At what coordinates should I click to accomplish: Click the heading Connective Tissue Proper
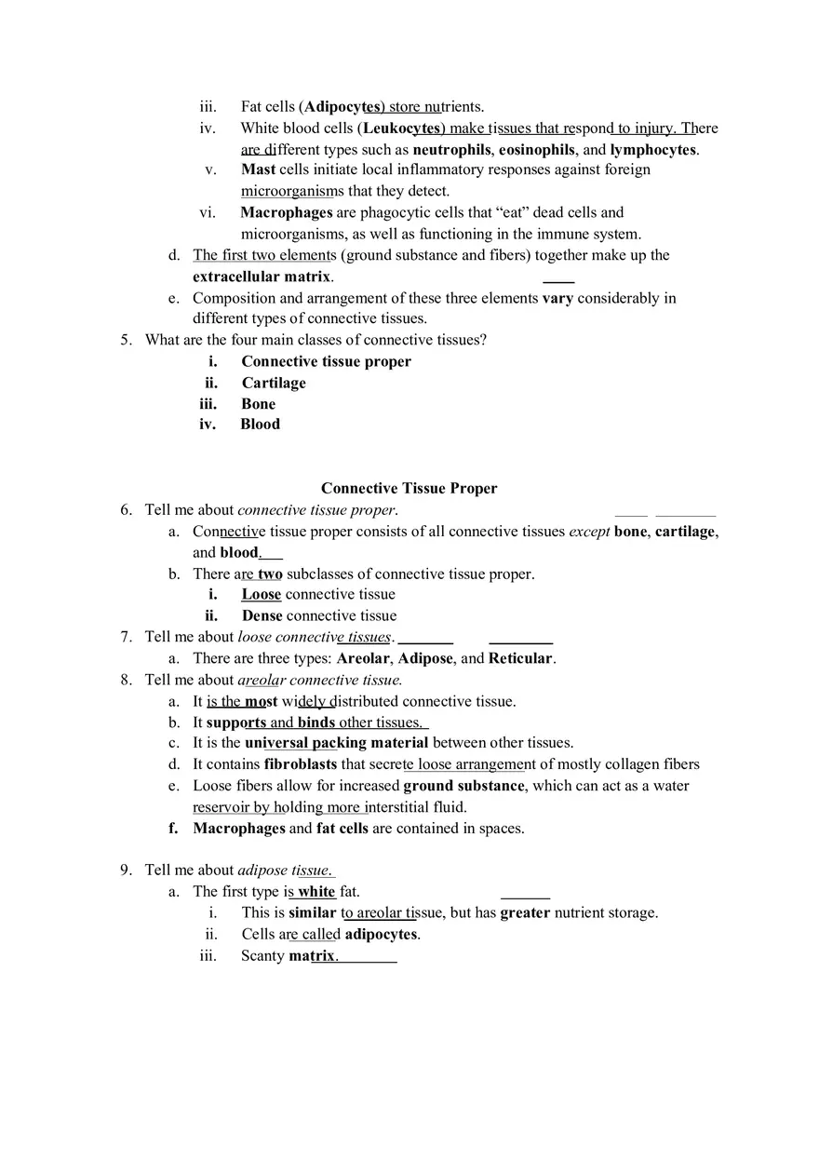[409, 488]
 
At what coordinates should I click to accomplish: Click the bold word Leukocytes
[402, 128]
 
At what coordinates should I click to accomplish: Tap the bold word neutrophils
[452, 149]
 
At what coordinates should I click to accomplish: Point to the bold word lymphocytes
[652, 149]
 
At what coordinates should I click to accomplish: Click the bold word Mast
[258, 169]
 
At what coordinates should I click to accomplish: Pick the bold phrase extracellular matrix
[261, 277]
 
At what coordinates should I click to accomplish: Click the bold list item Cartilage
[274, 383]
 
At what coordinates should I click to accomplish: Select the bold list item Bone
[258, 404]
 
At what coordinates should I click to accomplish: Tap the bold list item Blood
[260, 425]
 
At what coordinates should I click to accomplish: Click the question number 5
[126, 340]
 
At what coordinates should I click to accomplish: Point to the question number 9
[126, 870]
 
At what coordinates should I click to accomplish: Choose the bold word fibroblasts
[301, 764]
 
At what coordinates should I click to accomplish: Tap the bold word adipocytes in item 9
[382, 934]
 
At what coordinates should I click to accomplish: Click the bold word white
[316, 891]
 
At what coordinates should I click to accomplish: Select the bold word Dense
[262, 615]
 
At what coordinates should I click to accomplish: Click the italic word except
[589, 531]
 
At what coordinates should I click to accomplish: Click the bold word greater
[525, 912]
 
